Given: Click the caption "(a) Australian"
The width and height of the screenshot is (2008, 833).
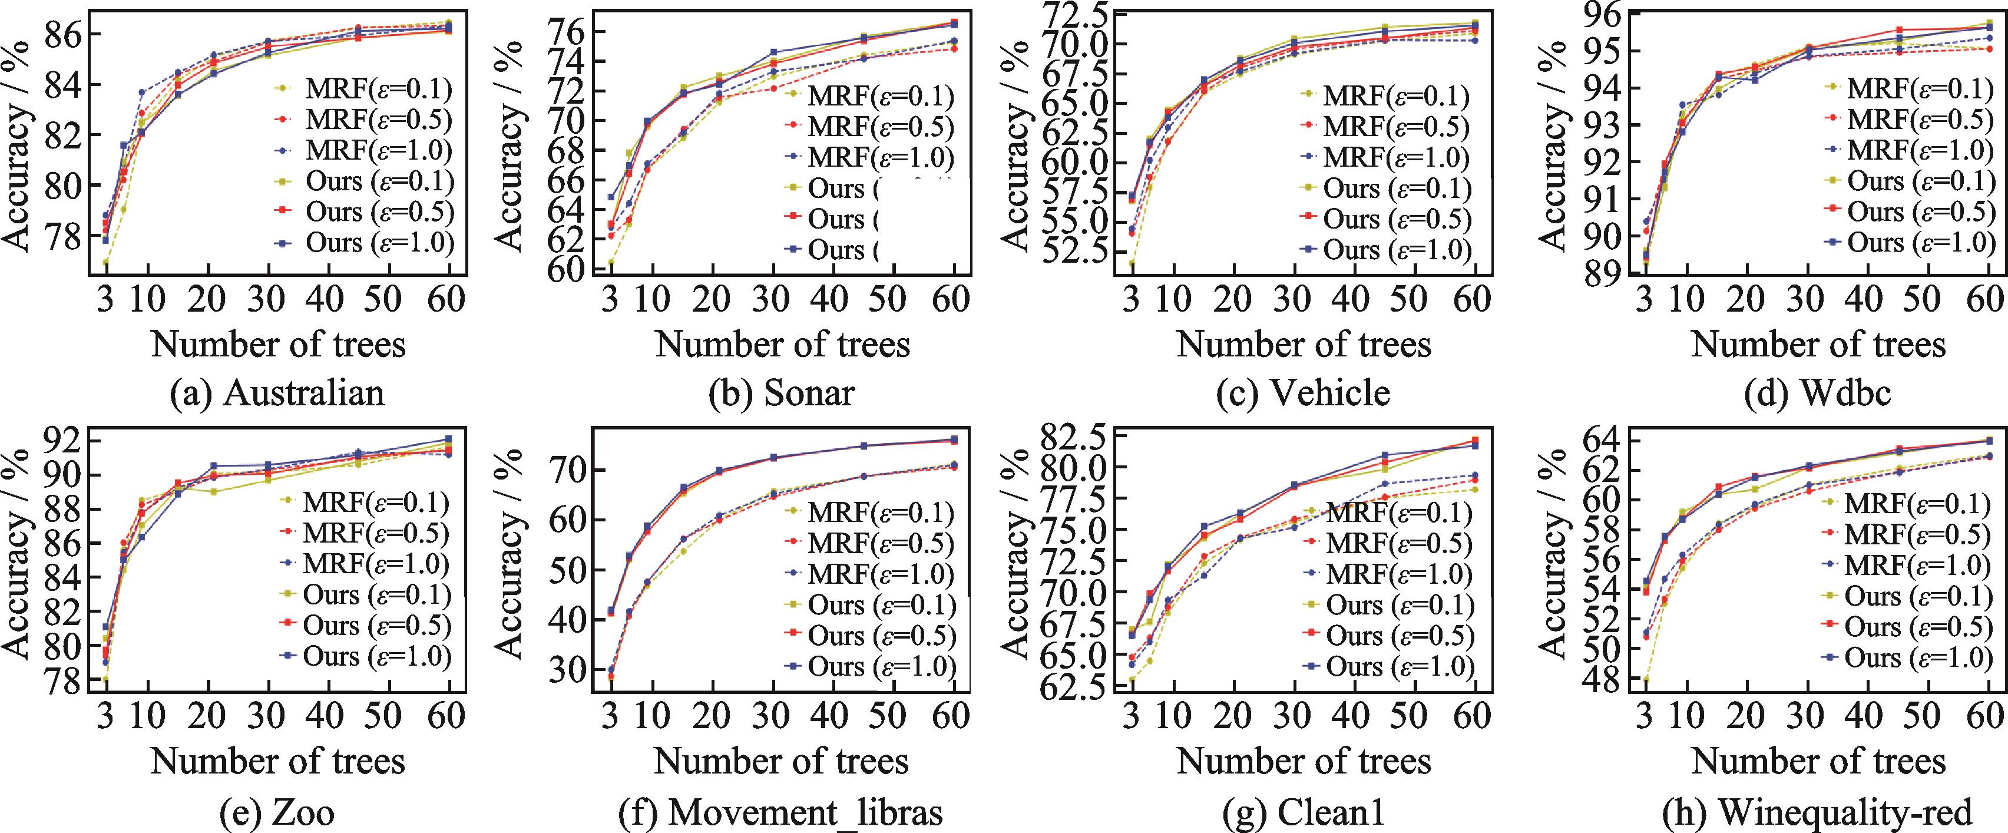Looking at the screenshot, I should click(278, 393).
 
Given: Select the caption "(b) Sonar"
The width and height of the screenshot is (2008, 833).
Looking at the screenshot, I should click(782, 393).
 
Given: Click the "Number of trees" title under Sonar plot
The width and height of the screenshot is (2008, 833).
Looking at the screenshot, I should click(782, 344).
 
